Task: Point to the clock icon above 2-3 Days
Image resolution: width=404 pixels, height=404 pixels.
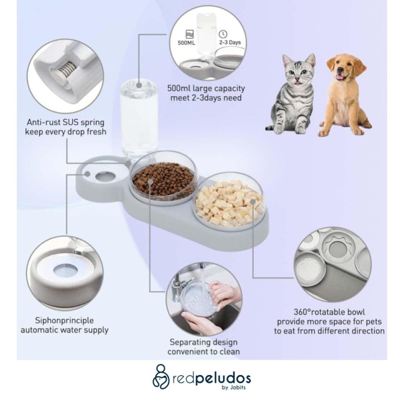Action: [x=223, y=34]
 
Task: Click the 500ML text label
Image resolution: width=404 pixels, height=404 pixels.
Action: [x=186, y=43]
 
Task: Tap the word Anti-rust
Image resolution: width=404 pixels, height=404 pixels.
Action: [x=43, y=122]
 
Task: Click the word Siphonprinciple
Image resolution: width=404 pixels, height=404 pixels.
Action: [x=64, y=321]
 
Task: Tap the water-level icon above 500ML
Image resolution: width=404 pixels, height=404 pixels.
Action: [x=189, y=34]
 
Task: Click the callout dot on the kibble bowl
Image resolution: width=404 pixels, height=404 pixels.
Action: [x=151, y=182]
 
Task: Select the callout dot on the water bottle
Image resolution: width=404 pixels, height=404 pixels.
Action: [x=139, y=85]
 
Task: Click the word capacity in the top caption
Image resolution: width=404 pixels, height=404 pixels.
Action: [x=229, y=89]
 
